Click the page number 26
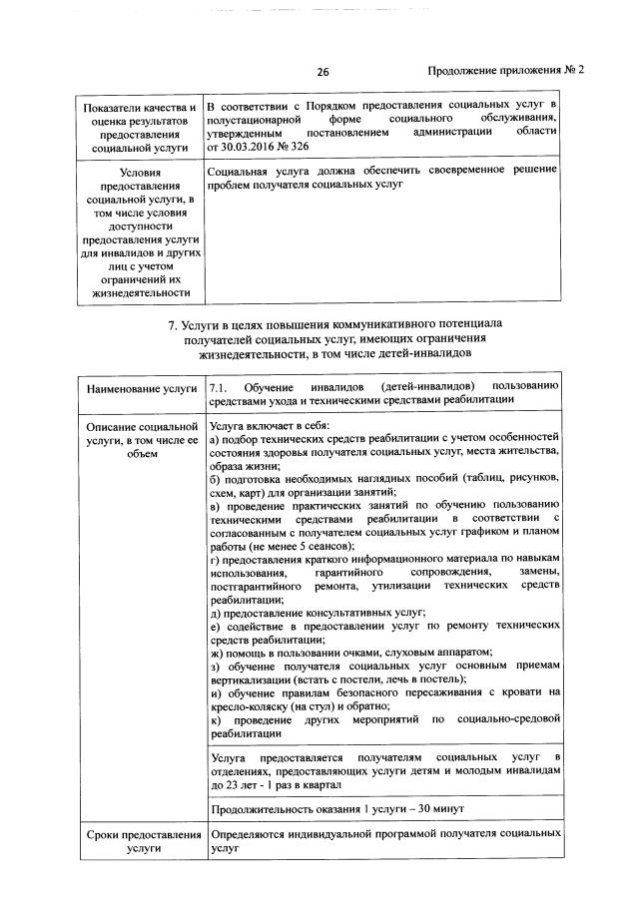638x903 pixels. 322,71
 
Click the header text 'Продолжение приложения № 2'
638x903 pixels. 504,71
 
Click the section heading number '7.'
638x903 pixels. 174,324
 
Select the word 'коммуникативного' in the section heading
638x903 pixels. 399,324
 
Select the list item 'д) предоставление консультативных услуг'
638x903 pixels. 319,612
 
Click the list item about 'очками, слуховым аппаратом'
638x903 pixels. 337,652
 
